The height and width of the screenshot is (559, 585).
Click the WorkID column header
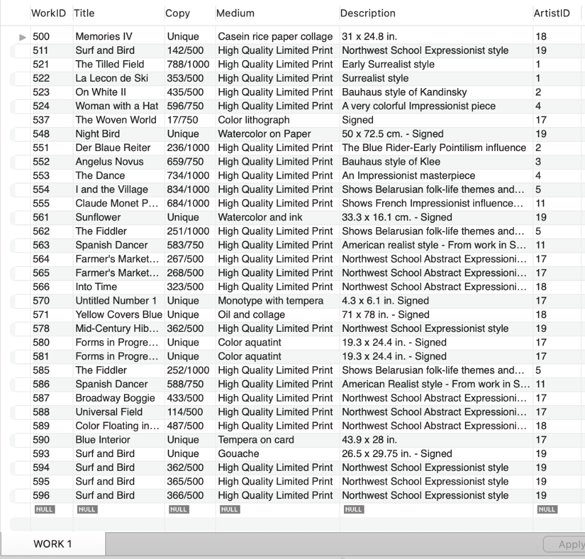point(49,13)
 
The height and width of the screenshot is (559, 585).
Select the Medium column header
point(235,13)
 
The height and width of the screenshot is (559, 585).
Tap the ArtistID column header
point(551,13)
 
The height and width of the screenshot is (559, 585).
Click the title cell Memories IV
point(103,37)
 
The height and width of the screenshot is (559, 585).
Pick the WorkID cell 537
point(41,120)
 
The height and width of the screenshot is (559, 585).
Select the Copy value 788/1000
point(188,65)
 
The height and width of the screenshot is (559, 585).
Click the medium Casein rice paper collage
point(275,37)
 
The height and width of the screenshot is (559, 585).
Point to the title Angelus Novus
point(109,162)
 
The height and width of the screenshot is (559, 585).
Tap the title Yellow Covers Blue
point(119,315)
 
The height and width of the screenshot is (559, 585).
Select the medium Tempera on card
point(256,440)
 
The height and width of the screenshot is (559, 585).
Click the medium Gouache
point(238,454)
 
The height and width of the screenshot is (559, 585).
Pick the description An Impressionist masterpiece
point(408,176)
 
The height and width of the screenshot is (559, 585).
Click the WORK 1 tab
point(53,544)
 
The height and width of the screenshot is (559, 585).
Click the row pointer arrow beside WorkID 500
point(23,37)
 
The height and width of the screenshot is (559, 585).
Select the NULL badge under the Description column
point(354,509)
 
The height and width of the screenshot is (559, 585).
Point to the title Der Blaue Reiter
point(113,148)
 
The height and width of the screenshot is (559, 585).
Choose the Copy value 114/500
point(185,412)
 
